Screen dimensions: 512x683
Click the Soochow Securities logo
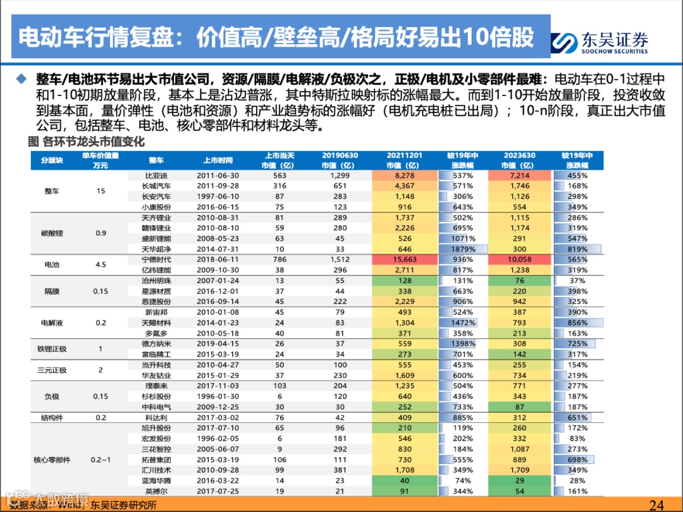pos(600,42)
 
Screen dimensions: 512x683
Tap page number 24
pos(656,504)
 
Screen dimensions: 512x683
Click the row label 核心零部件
pos(51,460)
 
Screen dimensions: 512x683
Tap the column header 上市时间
pos(218,161)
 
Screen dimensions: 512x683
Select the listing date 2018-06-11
pos(218,260)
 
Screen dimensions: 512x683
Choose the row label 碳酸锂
pos(51,233)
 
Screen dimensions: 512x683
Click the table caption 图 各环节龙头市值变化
pos(87,142)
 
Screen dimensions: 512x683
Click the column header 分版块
pos(51,161)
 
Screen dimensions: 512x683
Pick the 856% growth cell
pos(577,323)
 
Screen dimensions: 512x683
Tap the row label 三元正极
pos(51,370)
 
